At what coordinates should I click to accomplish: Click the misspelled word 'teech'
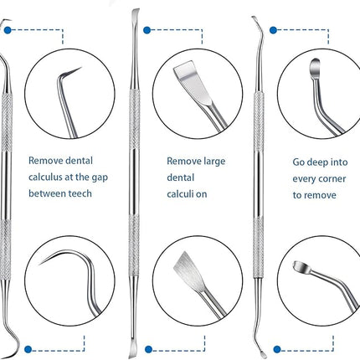pos(80,193)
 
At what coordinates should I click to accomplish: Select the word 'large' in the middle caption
pos(214,162)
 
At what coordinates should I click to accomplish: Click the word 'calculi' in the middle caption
pos(179,194)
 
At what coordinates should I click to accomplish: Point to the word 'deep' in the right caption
pos(317,163)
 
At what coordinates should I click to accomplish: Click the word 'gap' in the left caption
pos(100,178)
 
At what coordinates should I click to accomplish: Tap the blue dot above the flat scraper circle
pos(147,30)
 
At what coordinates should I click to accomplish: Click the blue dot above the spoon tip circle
pos(273,30)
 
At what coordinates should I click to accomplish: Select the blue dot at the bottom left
pos(28,349)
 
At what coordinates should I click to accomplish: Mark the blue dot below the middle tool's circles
pos(148,349)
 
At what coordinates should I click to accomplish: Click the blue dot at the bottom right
pos(277,349)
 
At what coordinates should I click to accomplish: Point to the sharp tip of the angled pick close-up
pos(81,67)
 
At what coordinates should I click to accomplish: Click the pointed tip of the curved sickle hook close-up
pos(39,264)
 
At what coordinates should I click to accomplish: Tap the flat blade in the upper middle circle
pos(193,83)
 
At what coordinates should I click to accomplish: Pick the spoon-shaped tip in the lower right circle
pos(301,267)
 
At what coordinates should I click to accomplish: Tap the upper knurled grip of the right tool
pos(259,121)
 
